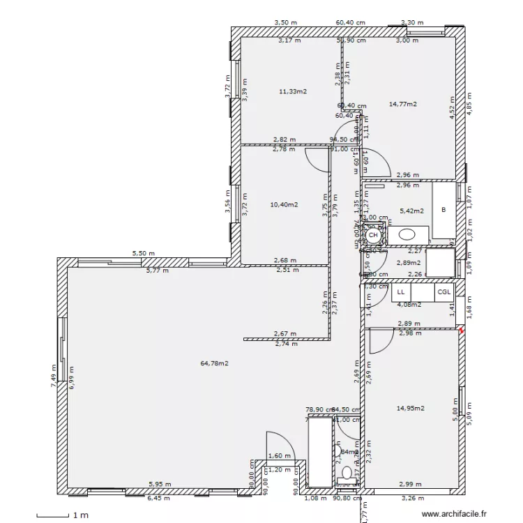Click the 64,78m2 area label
click(215, 363)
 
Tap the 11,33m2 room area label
click(294, 91)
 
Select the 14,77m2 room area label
click(402, 104)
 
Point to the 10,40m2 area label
click(284, 205)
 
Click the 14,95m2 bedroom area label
click(411, 409)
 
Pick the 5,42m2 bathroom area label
click(411, 210)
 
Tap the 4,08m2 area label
click(409, 304)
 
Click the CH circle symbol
click(373, 236)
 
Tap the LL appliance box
click(402, 293)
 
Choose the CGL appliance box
click(444, 293)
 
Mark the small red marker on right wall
click(460, 331)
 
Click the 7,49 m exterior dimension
click(54, 374)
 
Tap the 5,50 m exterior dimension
click(144, 254)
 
